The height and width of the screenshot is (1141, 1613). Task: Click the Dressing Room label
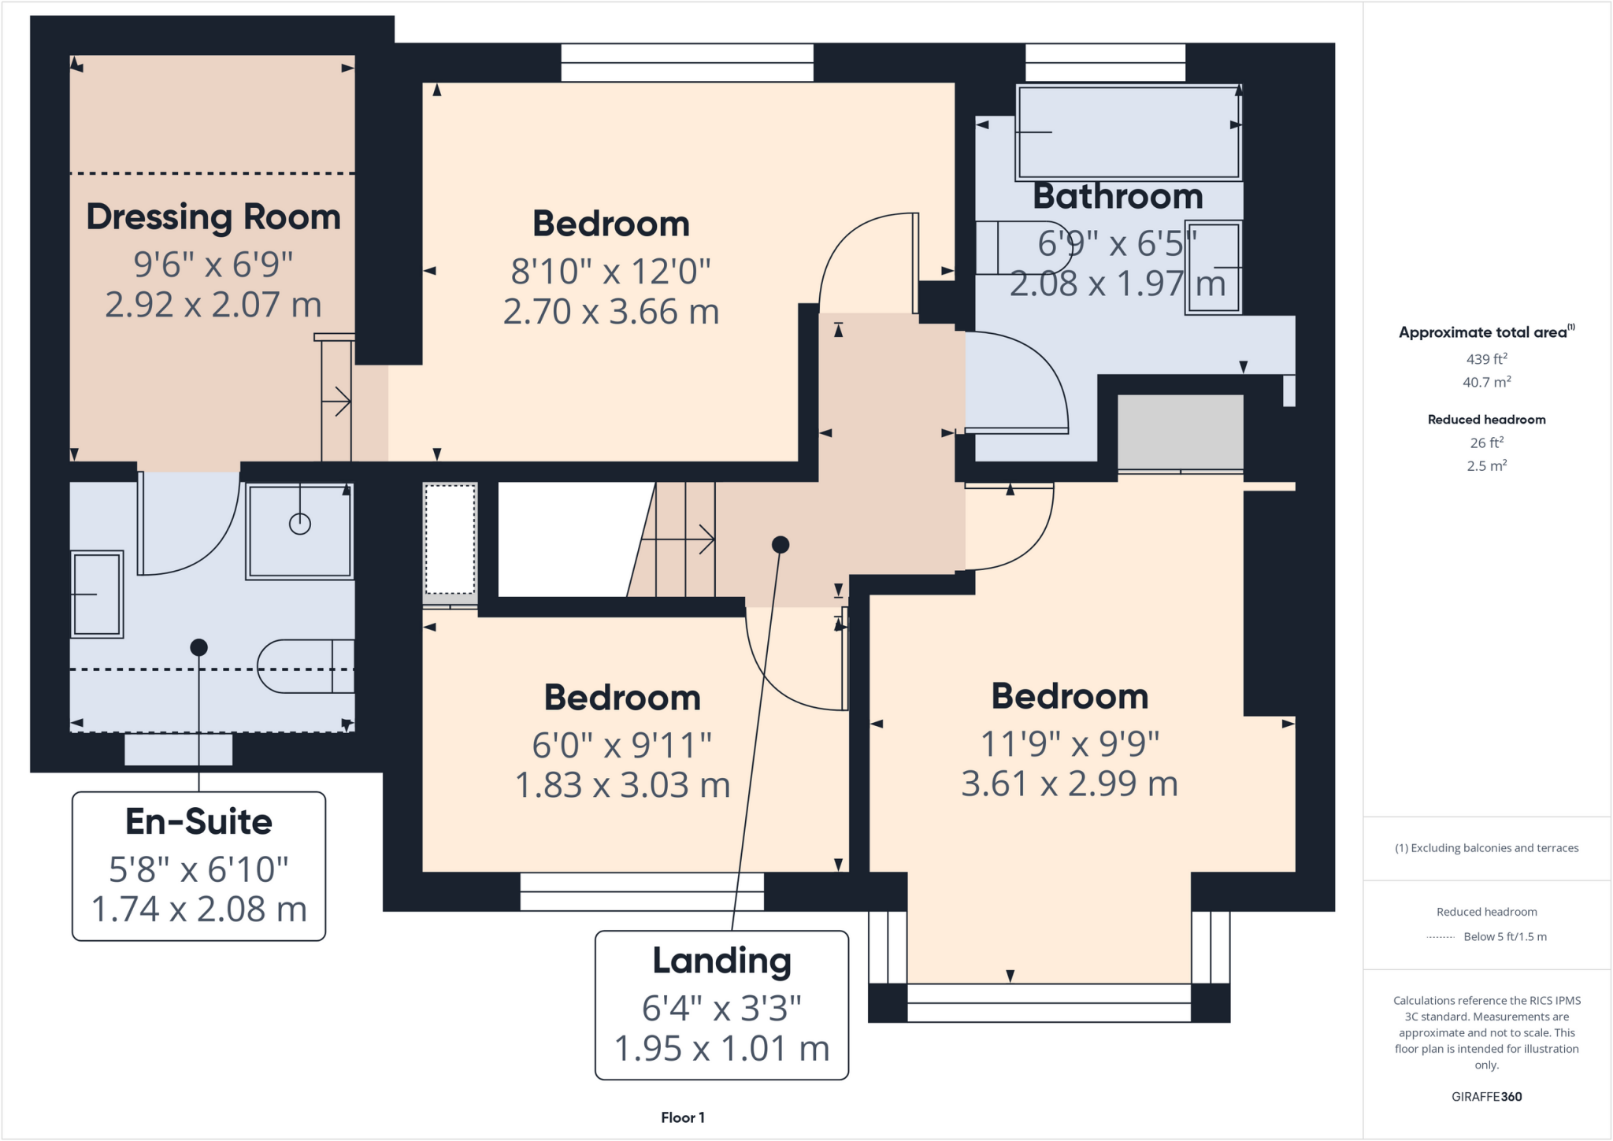(x=213, y=217)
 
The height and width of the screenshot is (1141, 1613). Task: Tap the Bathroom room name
(x=1118, y=196)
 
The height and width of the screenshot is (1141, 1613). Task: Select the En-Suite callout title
(x=198, y=822)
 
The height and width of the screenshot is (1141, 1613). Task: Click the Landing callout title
(x=721, y=961)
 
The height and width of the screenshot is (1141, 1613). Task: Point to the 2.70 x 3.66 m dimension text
(x=611, y=312)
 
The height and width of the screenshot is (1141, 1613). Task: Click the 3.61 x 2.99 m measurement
(x=1069, y=784)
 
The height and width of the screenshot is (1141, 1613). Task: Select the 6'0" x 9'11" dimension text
(x=621, y=745)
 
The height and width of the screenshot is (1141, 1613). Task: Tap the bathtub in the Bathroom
(x=1128, y=132)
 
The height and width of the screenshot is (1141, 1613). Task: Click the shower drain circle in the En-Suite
(x=300, y=524)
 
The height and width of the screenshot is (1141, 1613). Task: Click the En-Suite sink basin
(x=97, y=594)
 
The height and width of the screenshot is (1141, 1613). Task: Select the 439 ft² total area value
(x=1486, y=359)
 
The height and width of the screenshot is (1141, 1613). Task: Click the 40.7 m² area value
(x=1486, y=383)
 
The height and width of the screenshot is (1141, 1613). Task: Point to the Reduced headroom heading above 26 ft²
(x=1486, y=420)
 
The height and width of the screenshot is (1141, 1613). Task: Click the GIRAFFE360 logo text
(x=1486, y=1096)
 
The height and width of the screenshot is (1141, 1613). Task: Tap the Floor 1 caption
(x=683, y=1117)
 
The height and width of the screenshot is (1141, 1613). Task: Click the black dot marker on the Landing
(x=780, y=544)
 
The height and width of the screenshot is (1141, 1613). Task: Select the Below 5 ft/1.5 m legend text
(x=1504, y=936)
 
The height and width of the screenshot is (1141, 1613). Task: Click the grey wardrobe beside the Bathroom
(x=1180, y=432)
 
